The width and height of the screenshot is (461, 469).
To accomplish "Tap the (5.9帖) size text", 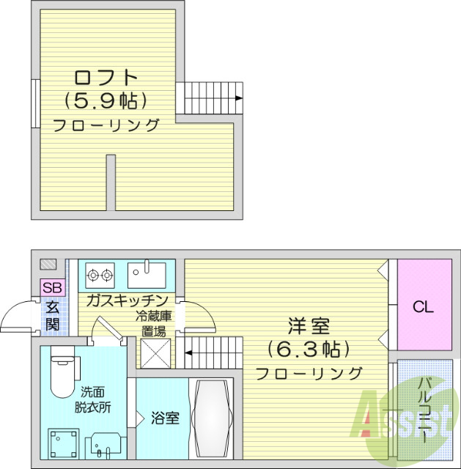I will (106, 100).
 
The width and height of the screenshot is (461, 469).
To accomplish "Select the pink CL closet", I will (422, 306).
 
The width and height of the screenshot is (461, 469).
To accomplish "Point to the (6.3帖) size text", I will (309, 348).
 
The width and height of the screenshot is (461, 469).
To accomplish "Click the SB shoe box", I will (52, 287).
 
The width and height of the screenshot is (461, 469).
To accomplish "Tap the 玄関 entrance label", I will (52, 315).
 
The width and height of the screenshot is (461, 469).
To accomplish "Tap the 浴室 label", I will (166, 419).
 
